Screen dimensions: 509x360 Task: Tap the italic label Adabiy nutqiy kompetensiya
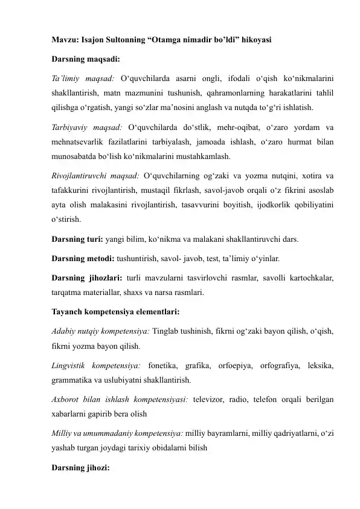[x=97, y=332]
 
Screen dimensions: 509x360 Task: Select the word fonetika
[x=164, y=366]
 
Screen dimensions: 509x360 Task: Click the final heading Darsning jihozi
[x=75, y=467]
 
